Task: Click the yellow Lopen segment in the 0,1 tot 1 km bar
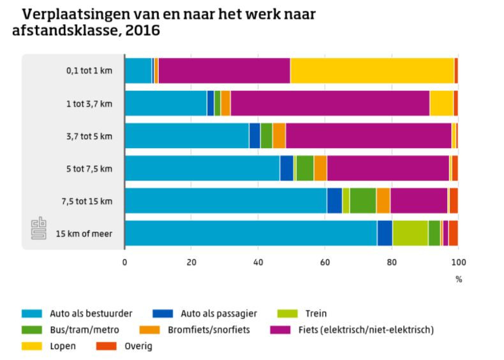pyautogui.click(x=371, y=70)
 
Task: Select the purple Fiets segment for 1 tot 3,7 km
pyautogui.click(x=330, y=103)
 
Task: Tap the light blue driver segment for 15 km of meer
pyautogui.click(x=251, y=234)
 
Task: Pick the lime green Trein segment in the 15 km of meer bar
pyautogui.click(x=410, y=234)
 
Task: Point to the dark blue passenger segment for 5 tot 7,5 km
pyautogui.click(x=286, y=169)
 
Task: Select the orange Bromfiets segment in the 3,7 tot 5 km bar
pyautogui.click(x=279, y=136)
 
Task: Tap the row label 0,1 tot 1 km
pyautogui.click(x=89, y=70)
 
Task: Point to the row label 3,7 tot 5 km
pyautogui.click(x=89, y=136)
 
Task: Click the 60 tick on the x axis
pyautogui.click(x=325, y=262)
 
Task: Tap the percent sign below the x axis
pyautogui.click(x=458, y=279)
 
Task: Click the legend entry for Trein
pyautogui.click(x=316, y=313)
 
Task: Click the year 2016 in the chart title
pyautogui.click(x=142, y=30)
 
